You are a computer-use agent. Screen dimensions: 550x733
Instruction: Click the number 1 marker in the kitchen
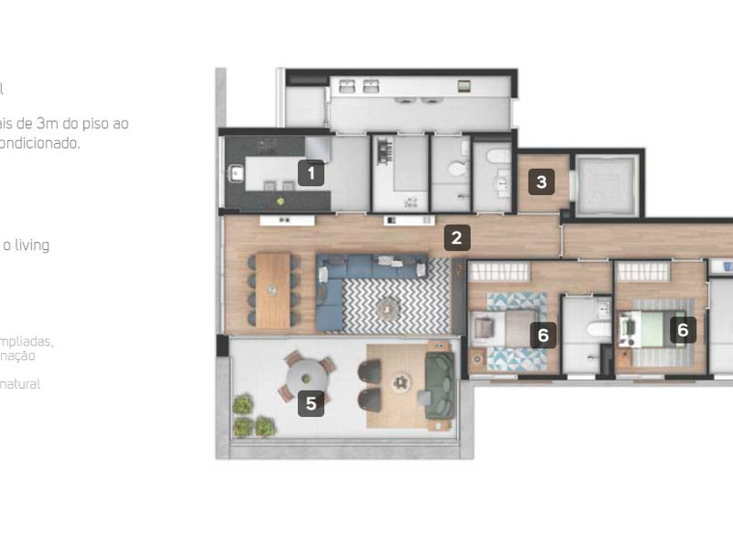312,172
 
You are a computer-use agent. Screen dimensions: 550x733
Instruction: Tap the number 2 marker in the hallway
456,238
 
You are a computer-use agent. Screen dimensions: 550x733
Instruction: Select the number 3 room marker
542,181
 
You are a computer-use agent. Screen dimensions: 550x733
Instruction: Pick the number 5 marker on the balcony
312,401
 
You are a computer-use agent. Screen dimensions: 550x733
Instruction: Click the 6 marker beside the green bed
682,329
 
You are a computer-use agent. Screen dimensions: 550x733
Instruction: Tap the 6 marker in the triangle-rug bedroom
542,335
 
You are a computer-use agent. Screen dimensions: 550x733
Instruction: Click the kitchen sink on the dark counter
235,171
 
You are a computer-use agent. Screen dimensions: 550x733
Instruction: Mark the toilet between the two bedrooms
596,331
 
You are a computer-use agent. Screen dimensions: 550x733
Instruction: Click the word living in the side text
30,245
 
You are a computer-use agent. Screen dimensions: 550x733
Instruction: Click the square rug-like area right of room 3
604,181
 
